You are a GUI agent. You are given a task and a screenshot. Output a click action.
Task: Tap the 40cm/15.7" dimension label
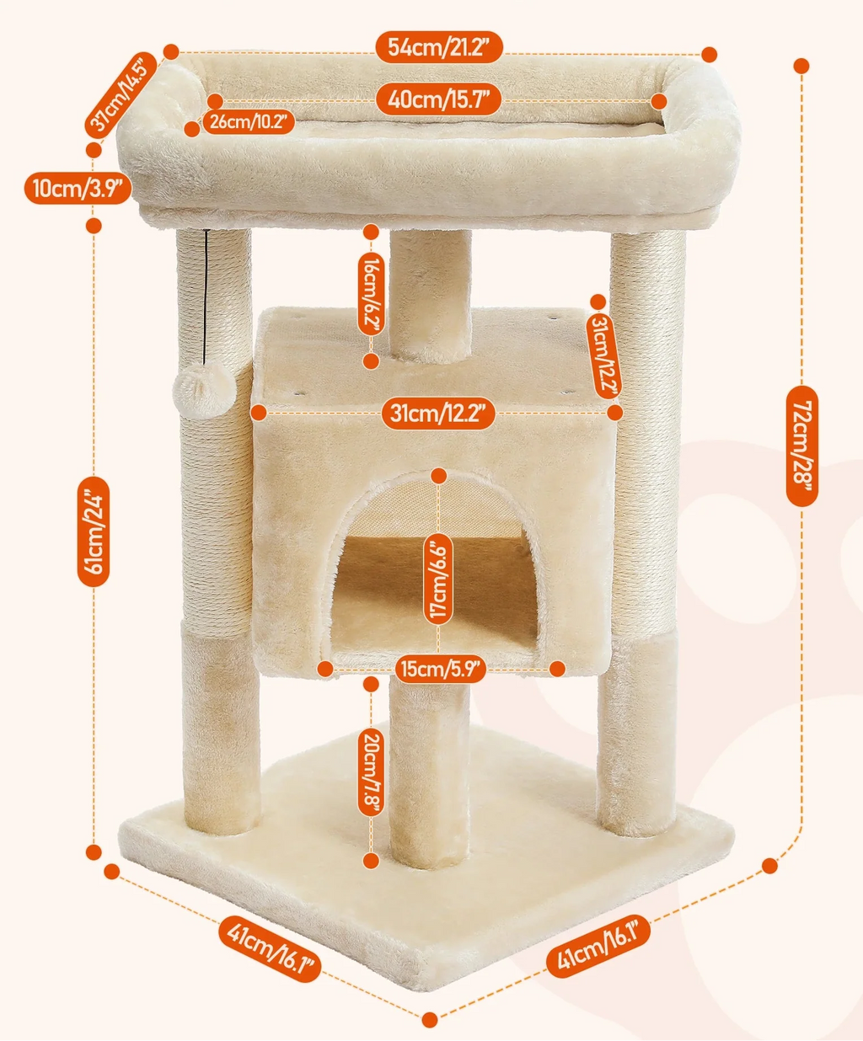(439, 99)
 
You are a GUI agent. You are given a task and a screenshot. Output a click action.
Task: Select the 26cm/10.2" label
(249, 122)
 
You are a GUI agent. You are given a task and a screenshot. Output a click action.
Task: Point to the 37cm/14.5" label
(121, 93)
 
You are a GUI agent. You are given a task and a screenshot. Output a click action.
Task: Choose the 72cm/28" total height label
(801, 446)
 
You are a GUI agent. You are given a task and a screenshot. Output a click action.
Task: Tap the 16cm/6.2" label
(371, 295)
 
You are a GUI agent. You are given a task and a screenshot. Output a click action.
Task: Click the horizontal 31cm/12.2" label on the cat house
(438, 414)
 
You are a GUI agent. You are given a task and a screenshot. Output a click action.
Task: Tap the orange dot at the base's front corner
(430, 1020)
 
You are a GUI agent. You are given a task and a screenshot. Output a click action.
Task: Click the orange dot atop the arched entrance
(438, 476)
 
